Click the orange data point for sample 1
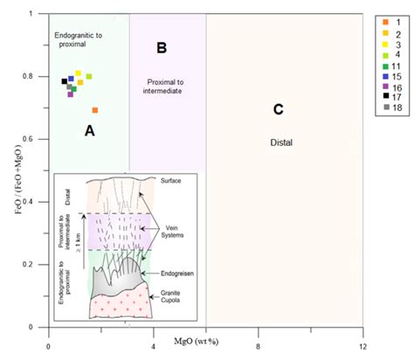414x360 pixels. [x=95, y=110]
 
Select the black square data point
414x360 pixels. [x=65, y=81]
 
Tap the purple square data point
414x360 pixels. [x=71, y=93]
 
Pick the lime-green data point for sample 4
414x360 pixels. [x=89, y=77]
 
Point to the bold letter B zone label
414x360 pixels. [x=161, y=46]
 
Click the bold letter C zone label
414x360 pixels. [x=278, y=109]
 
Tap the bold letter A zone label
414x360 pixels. [x=88, y=130]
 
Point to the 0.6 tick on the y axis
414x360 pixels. [x=36, y=139]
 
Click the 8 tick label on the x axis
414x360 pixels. [x=258, y=336]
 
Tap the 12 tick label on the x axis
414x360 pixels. [x=362, y=336]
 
